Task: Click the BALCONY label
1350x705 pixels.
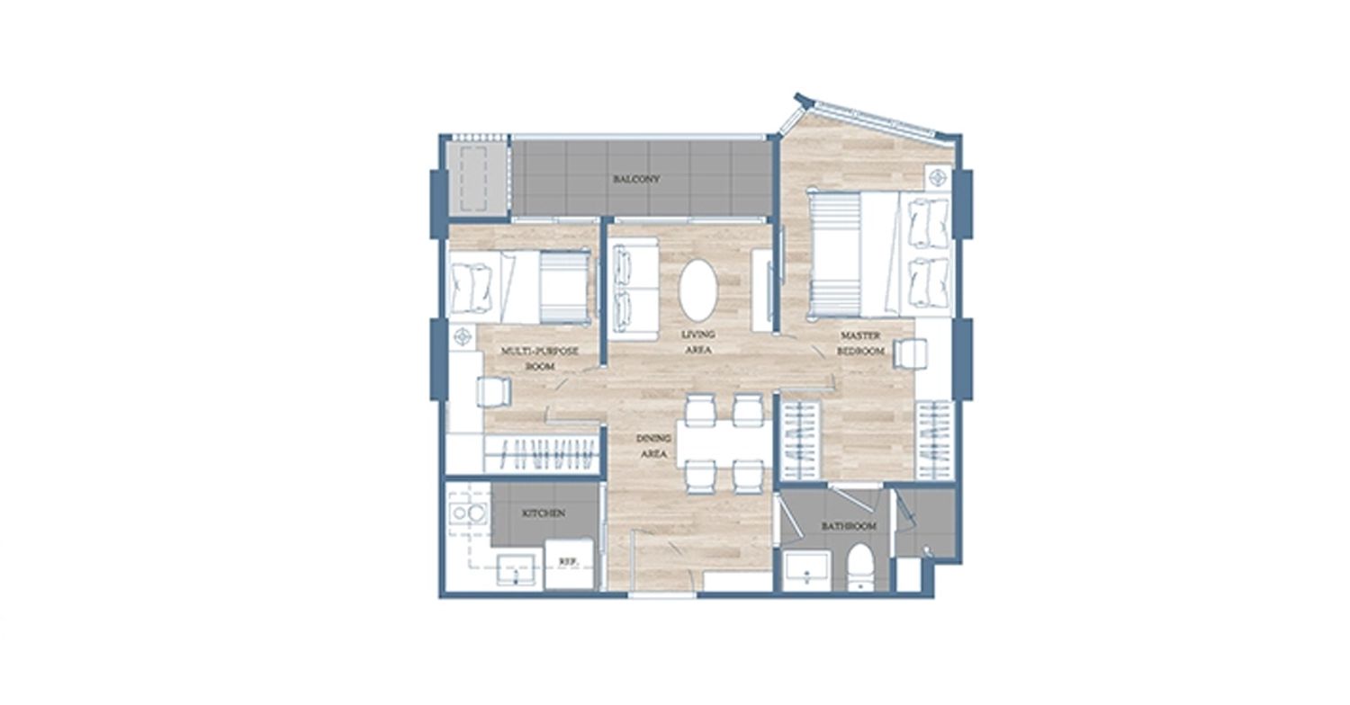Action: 636,179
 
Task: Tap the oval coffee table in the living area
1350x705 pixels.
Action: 698,290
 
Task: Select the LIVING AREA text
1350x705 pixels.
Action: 698,342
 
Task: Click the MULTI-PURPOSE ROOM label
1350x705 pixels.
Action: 540,358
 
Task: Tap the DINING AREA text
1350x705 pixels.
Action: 654,446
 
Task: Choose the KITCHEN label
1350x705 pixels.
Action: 544,513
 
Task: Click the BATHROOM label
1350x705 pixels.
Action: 850,526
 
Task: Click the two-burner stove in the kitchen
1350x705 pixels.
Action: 468,513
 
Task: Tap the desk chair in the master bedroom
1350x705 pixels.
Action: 910,353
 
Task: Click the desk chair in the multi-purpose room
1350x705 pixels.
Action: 494,392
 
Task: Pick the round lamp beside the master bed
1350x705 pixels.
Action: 938,178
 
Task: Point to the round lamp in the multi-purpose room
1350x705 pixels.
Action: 463,336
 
